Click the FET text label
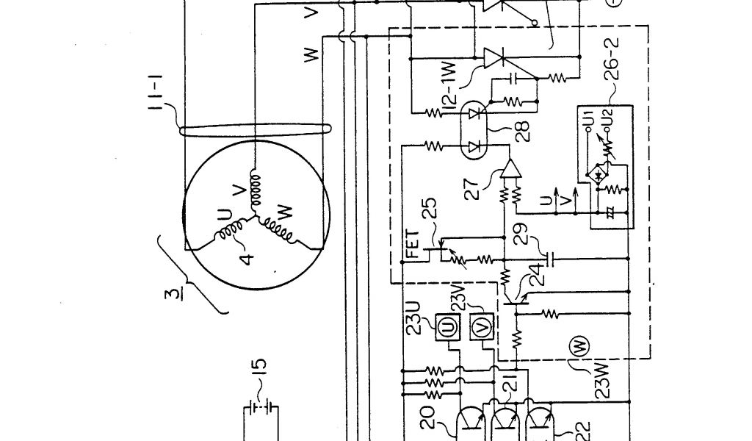[412, 245]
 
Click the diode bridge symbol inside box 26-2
[599, 173]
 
